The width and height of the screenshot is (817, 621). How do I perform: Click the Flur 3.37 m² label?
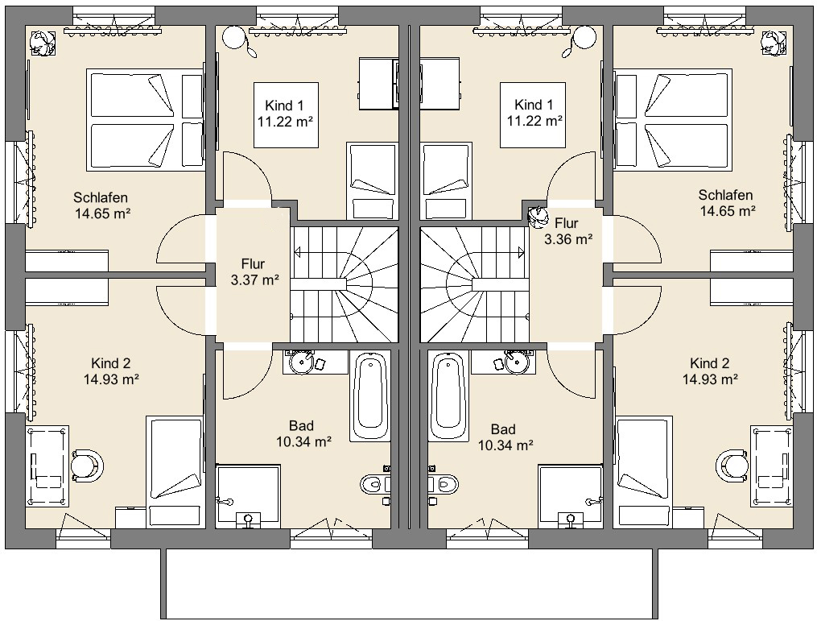[x=254, y=271]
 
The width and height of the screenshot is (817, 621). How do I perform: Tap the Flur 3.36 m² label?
[x=567, y=231]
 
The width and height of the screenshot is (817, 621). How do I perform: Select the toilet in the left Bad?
[x=374, y=484]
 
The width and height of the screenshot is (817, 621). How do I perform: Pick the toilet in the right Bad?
[x=443, y=484]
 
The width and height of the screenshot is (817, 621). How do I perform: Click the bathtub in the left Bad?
[x=371, y=396]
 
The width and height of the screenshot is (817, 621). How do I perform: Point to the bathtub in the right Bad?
[x=448, y=396]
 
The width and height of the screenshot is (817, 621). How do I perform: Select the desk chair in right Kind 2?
[x=732, y=465]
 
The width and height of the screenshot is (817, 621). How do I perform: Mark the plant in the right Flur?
[x=538, y=217]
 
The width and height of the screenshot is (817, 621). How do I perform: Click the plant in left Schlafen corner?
[x=42, y=42]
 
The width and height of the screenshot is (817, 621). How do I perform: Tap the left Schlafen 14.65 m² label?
[x=101, y=205]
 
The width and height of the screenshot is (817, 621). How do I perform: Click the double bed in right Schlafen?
[x=674, y=119]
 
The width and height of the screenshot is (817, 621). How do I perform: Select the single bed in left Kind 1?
[x=372, y=181]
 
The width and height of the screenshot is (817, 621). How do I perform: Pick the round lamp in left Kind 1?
[x=233, y=36]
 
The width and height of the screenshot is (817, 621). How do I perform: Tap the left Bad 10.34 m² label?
[x=303, y=434]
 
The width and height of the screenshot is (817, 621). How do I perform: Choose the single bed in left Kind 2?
[x=175, y=471]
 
